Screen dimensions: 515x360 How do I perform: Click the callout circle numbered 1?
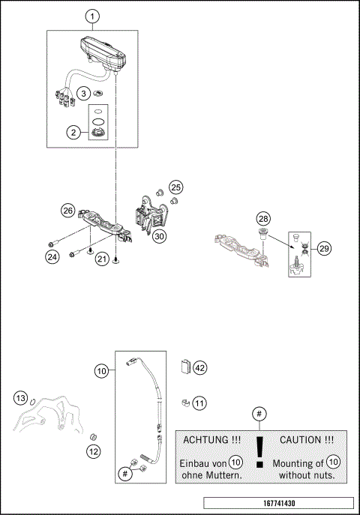(92, 16)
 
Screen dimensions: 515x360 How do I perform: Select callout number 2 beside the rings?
(73, 133)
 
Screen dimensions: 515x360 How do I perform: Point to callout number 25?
(175, 187)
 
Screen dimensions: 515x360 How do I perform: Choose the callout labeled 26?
(67, 211)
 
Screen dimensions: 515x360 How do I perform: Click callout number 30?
(159, 235)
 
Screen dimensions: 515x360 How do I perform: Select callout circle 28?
(262, 218)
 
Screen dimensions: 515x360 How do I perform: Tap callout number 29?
(324, 248)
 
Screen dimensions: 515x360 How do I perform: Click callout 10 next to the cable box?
(101, 370)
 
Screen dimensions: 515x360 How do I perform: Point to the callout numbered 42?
(199, 367)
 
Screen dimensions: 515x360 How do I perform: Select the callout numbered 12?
(92, 451)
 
